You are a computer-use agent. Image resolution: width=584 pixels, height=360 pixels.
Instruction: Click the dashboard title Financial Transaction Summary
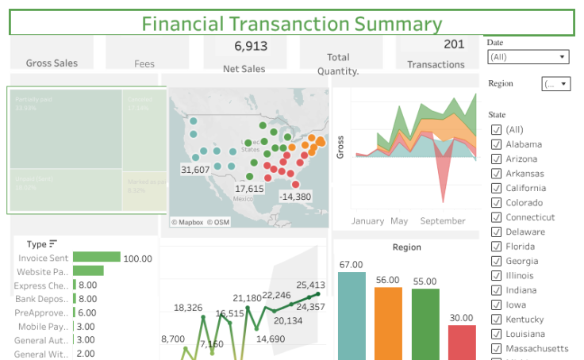click(x=291, y=24)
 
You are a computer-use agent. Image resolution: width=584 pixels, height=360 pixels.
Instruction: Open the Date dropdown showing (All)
click(x=528, y=57)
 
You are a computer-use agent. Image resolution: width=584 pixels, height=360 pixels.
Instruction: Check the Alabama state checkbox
click(x=496, y=144)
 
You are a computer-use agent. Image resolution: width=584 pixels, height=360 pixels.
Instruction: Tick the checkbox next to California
click(x=496, y=188)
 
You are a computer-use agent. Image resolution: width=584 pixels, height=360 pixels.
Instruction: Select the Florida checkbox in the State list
click(x=496, y=247)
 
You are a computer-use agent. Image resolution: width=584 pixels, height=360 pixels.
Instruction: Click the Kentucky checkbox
click(x=496, y=319)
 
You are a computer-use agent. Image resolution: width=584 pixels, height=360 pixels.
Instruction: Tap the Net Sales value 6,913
click(x=251, y=46)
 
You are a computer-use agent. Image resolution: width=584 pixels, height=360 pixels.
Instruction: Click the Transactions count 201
click(x=454, y=44)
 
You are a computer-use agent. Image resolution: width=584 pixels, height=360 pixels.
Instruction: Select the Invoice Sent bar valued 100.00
click(x=96, y=258)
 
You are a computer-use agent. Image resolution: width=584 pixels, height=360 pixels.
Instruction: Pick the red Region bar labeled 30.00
click(x=461, y=342)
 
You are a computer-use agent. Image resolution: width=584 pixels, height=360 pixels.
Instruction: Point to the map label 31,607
click(x=195, y=170)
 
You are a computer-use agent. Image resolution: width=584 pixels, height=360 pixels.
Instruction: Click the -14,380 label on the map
click(x=295, y=197)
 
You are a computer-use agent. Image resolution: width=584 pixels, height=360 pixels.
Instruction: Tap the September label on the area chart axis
click(x=444, y=221)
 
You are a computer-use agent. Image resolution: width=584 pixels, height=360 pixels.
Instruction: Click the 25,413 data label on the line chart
click(x=311, y=285)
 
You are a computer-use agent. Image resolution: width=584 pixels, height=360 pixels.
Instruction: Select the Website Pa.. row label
click(x=44, y=272)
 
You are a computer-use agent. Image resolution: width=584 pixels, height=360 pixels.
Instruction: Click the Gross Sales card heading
click(x=52, y=63)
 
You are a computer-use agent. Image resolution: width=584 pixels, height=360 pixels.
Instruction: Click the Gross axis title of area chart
click(x=340, y=147)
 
